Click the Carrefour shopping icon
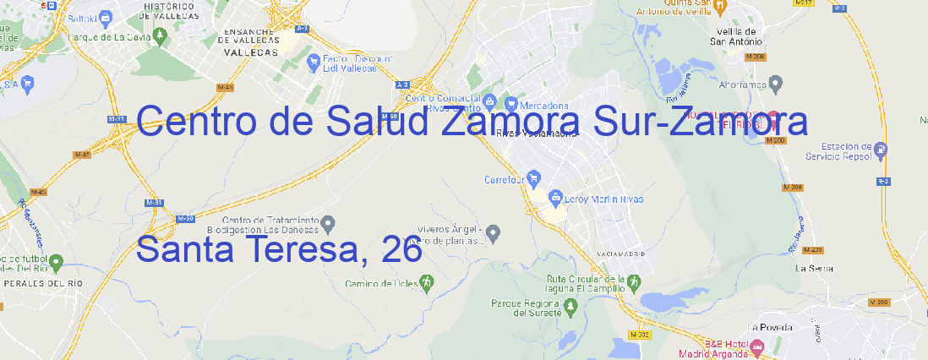(534, 178)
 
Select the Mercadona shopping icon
(511, 103)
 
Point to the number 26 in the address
(401, 249)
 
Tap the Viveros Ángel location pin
(494, 232)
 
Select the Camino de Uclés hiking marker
(426, 282)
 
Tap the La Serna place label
(815, 268)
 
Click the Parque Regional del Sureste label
(527, 307)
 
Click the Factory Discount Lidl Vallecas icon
(314, 59)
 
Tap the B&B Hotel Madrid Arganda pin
(757, 346)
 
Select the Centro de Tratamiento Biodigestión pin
(329, 223)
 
